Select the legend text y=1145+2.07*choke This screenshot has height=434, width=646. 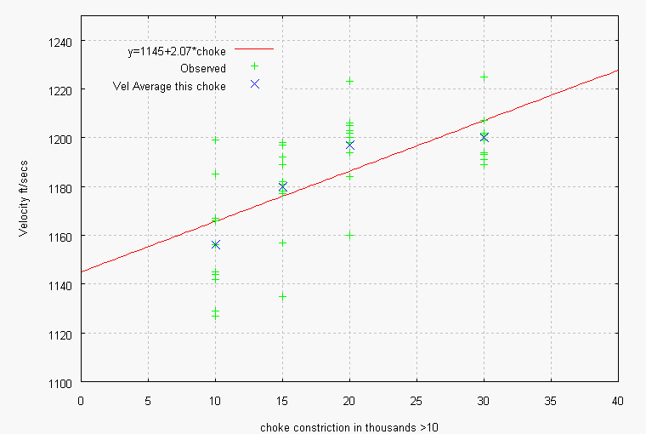[x=177, y=52]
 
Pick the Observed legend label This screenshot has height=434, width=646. [x=202, y=68]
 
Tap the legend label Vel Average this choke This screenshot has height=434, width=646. [x=168, y=85]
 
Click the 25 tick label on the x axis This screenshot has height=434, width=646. [x=416, y=398]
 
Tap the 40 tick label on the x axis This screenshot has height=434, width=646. [x=618, y=398]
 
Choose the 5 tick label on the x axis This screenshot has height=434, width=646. [x=148, y=398]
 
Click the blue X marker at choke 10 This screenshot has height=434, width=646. [x=215, y=245]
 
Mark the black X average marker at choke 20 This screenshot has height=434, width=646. [x=349, y=146]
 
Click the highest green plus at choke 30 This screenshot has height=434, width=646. [x=484, y=77]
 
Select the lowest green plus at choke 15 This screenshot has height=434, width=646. [x=282, y=296]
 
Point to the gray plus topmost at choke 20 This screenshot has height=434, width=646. [x=349, y=82]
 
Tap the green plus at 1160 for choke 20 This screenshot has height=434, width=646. [x=349, y=235]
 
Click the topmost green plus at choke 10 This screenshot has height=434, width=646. [x=215, y=140]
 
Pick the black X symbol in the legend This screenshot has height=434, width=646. [x=254, y=84]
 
